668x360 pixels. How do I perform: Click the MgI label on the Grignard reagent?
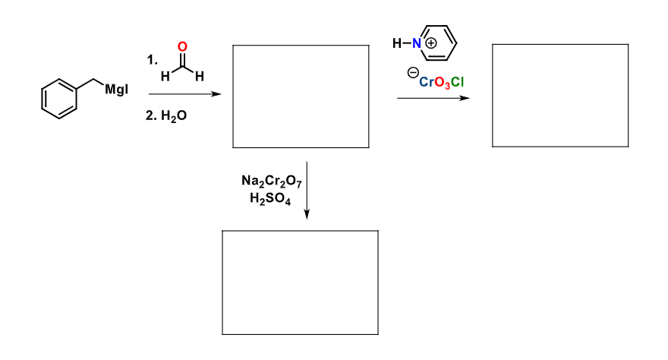(116, 90)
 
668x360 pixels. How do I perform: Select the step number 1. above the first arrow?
(153, 60)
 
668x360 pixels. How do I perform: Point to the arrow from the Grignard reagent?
(185, 96)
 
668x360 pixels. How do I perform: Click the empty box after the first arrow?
(301, 96)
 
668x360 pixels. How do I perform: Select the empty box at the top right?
(560, 96)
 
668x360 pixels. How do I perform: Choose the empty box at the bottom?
(300, 282)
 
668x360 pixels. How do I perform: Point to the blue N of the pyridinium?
(417, 44)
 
